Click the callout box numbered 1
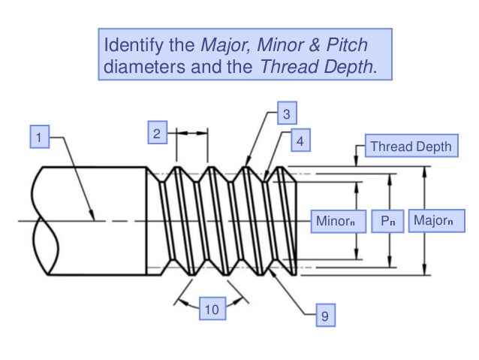(39, 138)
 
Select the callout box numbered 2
(156, 134)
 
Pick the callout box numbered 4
(300, 140)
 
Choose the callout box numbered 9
(324, 316)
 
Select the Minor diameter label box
(335, 221)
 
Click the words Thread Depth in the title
(315, 66)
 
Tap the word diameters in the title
(139, 66)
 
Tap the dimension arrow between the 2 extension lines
(191, 134)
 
